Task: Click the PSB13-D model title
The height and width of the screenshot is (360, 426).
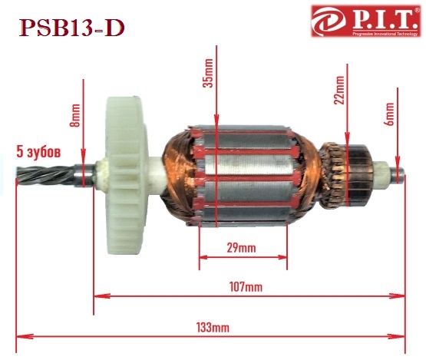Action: (71, 28)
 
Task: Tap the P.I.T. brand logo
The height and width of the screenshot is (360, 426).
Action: (365, 21)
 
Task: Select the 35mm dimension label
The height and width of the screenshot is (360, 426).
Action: (209, 73)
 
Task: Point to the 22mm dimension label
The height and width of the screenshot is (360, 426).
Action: (339, 90)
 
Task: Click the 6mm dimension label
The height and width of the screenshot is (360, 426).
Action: (390, 114)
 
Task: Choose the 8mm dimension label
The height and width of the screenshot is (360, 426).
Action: (75, 115)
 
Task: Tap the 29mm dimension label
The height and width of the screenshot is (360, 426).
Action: (241, 248)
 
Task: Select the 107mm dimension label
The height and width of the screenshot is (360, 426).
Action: (246, 287)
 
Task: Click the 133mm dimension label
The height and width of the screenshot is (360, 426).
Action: (213, 328)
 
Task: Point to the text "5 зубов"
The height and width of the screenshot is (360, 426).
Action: (38, 152)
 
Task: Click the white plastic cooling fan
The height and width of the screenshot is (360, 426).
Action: (127, 176)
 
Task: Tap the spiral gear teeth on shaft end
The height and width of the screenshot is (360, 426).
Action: (45, 176)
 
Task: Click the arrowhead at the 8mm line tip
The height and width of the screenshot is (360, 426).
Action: (83, 154)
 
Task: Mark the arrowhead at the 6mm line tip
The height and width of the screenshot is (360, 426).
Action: (398, 163)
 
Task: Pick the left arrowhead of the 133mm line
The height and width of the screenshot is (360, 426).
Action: (25, 337)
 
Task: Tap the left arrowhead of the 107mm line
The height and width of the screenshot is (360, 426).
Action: (102, 296)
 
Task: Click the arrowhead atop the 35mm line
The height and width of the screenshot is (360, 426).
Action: (216, 120)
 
